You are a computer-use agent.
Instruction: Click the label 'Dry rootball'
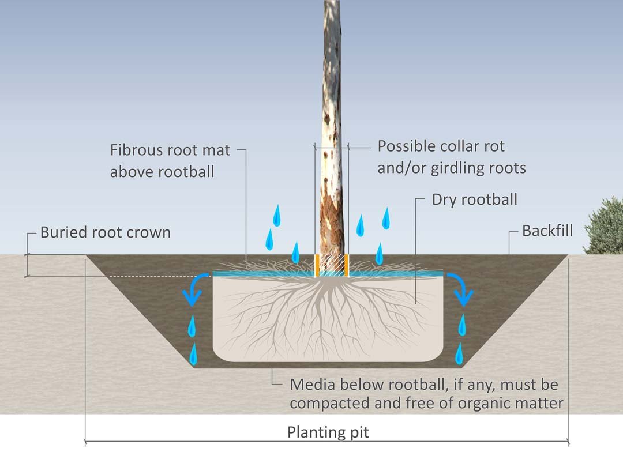[474, 200]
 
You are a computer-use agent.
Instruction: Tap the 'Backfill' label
[547, 231]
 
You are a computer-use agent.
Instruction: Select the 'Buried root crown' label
[106, 233]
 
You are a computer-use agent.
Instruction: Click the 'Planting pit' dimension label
[328, 432]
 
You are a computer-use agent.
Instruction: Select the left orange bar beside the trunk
[317, 265]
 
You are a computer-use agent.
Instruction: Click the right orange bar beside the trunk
[347, 265]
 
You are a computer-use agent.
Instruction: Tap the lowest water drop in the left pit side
[194, 354]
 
